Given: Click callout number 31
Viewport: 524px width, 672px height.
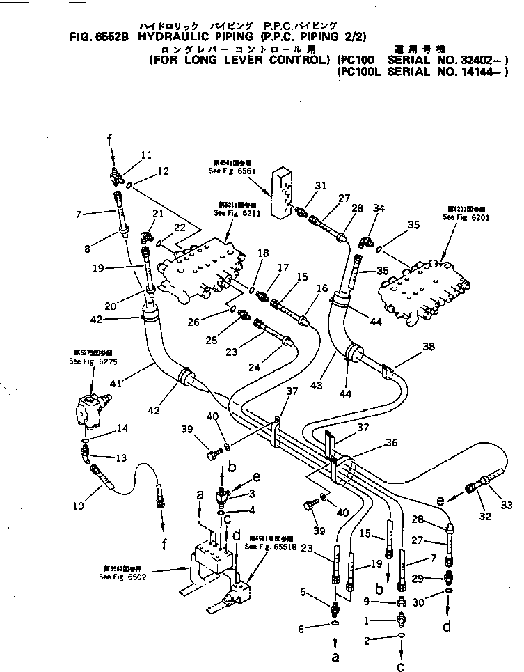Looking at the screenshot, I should (319, 185).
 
